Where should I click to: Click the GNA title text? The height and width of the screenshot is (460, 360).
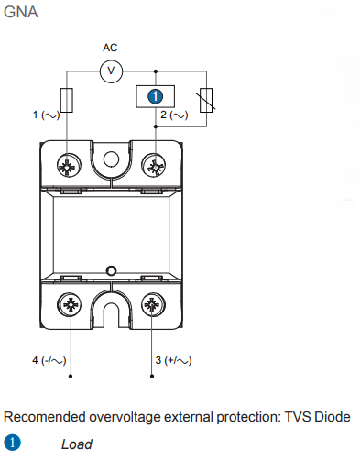21,14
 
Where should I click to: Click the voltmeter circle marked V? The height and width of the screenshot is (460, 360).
111,70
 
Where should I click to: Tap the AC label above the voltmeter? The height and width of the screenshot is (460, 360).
110,48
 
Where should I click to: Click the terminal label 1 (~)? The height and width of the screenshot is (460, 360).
46,115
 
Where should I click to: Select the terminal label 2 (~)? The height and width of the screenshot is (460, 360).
174,115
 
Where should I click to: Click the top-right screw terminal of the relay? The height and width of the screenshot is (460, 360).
155,165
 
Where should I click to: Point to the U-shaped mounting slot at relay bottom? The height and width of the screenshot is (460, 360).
112,312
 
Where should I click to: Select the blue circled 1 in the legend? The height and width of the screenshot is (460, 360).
14,444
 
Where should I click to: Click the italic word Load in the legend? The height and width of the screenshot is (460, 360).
77,444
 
